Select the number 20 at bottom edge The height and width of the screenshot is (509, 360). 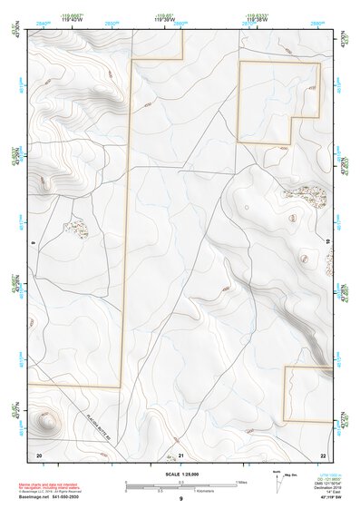pos(38,454)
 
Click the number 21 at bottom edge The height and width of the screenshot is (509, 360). pos(180,454)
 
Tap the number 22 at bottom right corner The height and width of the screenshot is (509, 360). pos(323,454)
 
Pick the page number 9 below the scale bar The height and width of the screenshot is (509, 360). pos(180,500)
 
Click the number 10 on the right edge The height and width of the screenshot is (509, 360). pos(327,241)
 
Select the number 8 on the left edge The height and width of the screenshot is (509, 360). pos(33,241)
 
